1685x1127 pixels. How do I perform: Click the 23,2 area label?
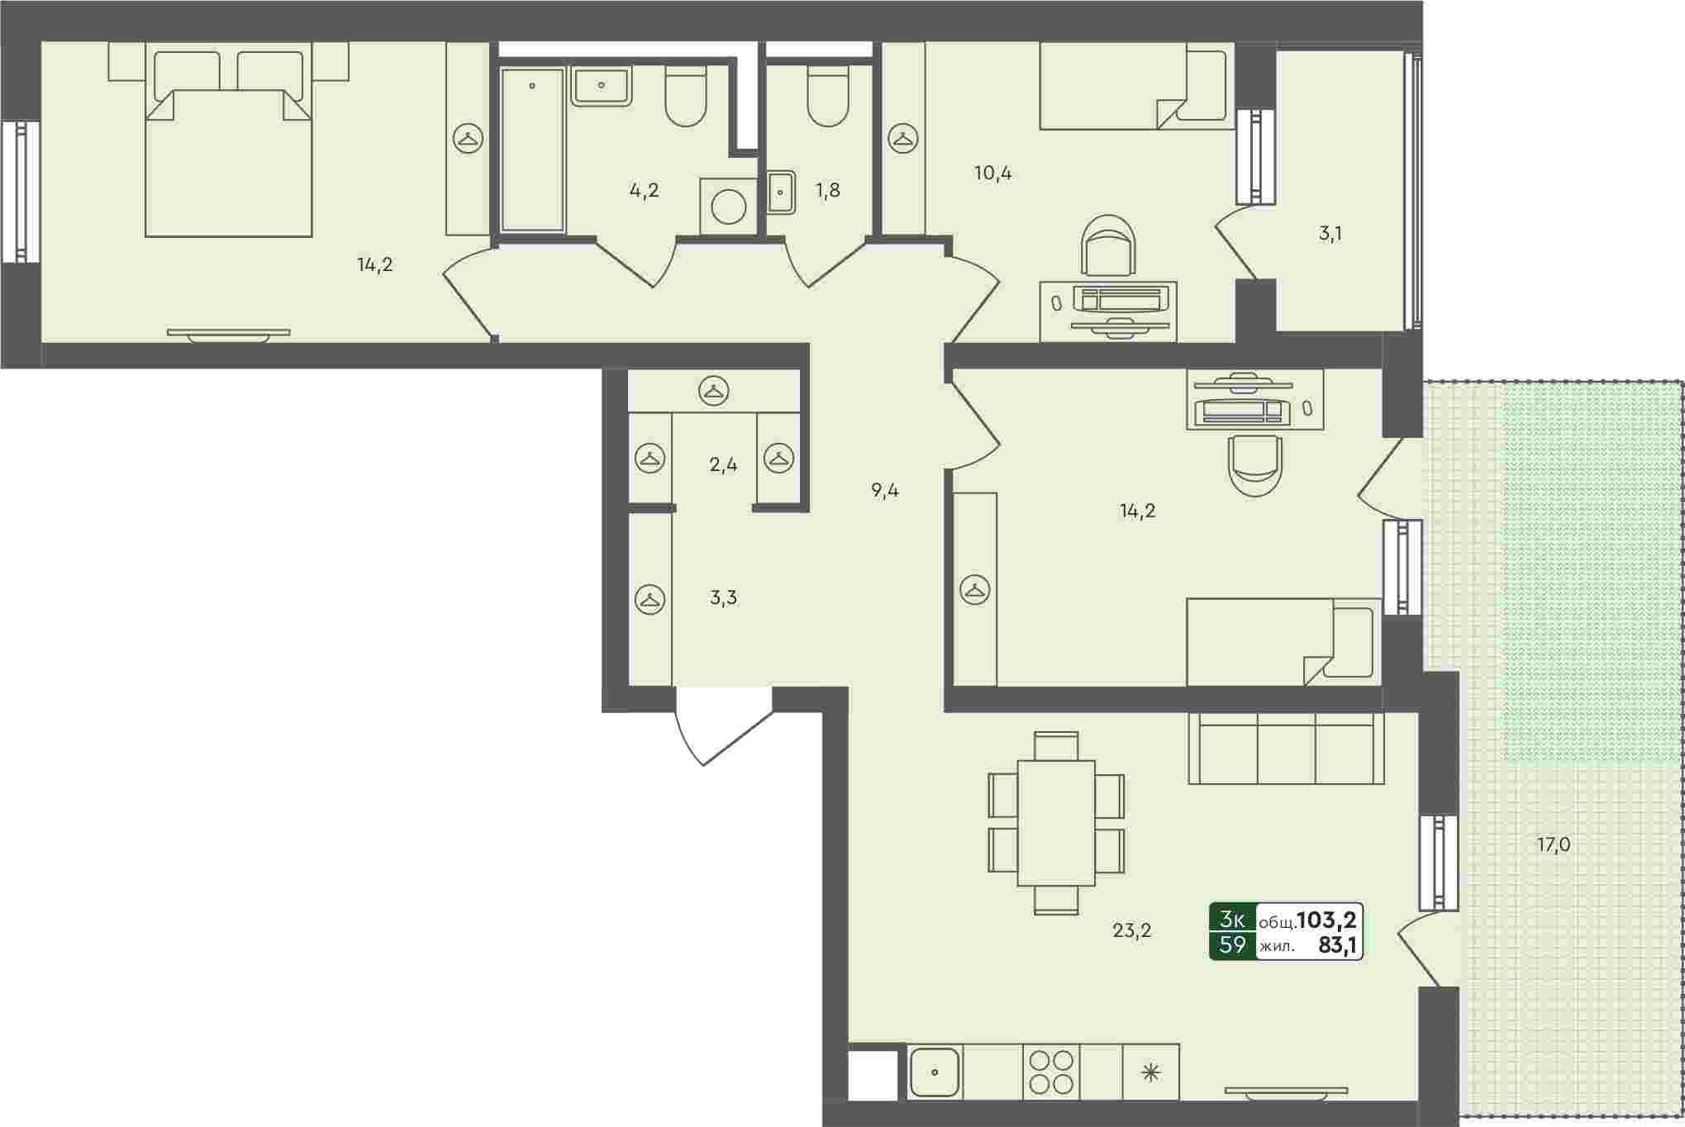[1131, 931]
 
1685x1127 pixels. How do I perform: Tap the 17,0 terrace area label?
[1553, 845]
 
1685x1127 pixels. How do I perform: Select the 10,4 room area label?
[992, 174]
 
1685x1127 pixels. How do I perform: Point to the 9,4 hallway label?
[884, 491]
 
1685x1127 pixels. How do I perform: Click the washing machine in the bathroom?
[728, 207]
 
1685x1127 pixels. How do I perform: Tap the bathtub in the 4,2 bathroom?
[532, 150]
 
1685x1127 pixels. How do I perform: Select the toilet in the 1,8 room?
[828, 96]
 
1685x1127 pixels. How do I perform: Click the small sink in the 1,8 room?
[780, 193]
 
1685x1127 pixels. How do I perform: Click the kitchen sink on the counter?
[935, 1072]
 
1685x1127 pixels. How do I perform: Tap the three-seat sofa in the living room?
[1286, 748]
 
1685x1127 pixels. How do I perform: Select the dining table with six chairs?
[1056, 823]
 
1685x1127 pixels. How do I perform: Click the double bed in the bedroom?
[228, 140]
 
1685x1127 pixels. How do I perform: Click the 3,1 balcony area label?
[1330, 234]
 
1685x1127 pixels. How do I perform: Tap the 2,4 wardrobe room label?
[723, 465]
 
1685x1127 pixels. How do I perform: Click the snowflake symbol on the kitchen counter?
[1150, 1073]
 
